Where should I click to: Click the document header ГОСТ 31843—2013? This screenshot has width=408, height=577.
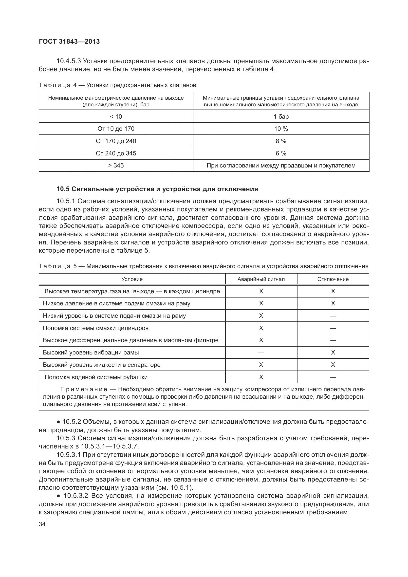point(69,41)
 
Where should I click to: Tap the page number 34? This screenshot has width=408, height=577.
point(42,524)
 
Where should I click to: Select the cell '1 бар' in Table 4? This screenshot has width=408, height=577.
point(281,117)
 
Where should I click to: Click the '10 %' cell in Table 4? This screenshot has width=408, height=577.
point(281,129)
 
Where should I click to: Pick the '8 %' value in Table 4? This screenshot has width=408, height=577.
point(281,141)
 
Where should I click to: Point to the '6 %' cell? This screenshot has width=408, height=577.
point(281,153)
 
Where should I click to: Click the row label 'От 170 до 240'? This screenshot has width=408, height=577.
point(116,141)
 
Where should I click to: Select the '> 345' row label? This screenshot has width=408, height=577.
point(116,166)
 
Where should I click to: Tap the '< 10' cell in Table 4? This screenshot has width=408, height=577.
point(116,117)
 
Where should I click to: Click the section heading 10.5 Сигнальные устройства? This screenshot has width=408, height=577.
point(157,189)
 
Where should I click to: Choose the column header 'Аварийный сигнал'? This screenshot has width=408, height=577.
point(261,279)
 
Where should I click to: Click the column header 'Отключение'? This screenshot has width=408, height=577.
point(333,279)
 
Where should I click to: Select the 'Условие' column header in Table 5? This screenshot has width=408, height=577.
point(132,279)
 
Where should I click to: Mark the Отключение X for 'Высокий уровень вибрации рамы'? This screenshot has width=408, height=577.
point(333,353)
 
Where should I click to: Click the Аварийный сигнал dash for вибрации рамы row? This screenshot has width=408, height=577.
point(261,353)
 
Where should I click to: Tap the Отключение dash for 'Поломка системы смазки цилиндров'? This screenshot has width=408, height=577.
point(333,328)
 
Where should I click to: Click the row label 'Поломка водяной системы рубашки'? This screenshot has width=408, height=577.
point(96,377)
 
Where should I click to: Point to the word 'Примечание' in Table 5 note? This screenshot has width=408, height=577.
point(84,390)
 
